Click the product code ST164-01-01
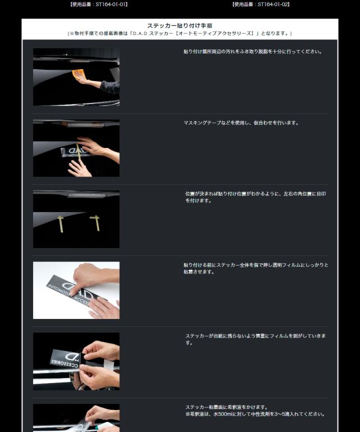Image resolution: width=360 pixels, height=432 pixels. point(99,4)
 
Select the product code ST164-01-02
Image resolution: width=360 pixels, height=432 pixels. point(260,4)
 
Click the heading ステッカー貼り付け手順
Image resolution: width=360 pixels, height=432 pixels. point(179,26)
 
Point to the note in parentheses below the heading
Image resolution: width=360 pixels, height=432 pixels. point(179,34)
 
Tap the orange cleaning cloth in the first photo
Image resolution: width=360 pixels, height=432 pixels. point(79,73)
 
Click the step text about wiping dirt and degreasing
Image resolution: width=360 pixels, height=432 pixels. point(253,52)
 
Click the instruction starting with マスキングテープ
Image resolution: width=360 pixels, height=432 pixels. point(241,123)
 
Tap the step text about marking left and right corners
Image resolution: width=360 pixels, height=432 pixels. point(255,197)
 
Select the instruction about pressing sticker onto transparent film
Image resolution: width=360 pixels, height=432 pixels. point(255,268)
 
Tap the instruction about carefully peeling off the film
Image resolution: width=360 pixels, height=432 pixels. point(255,339)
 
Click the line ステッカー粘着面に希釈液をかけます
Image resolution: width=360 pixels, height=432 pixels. point(226,407)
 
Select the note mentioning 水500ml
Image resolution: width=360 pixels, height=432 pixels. point(255,414)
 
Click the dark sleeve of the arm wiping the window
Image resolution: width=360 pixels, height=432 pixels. point(111,87)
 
